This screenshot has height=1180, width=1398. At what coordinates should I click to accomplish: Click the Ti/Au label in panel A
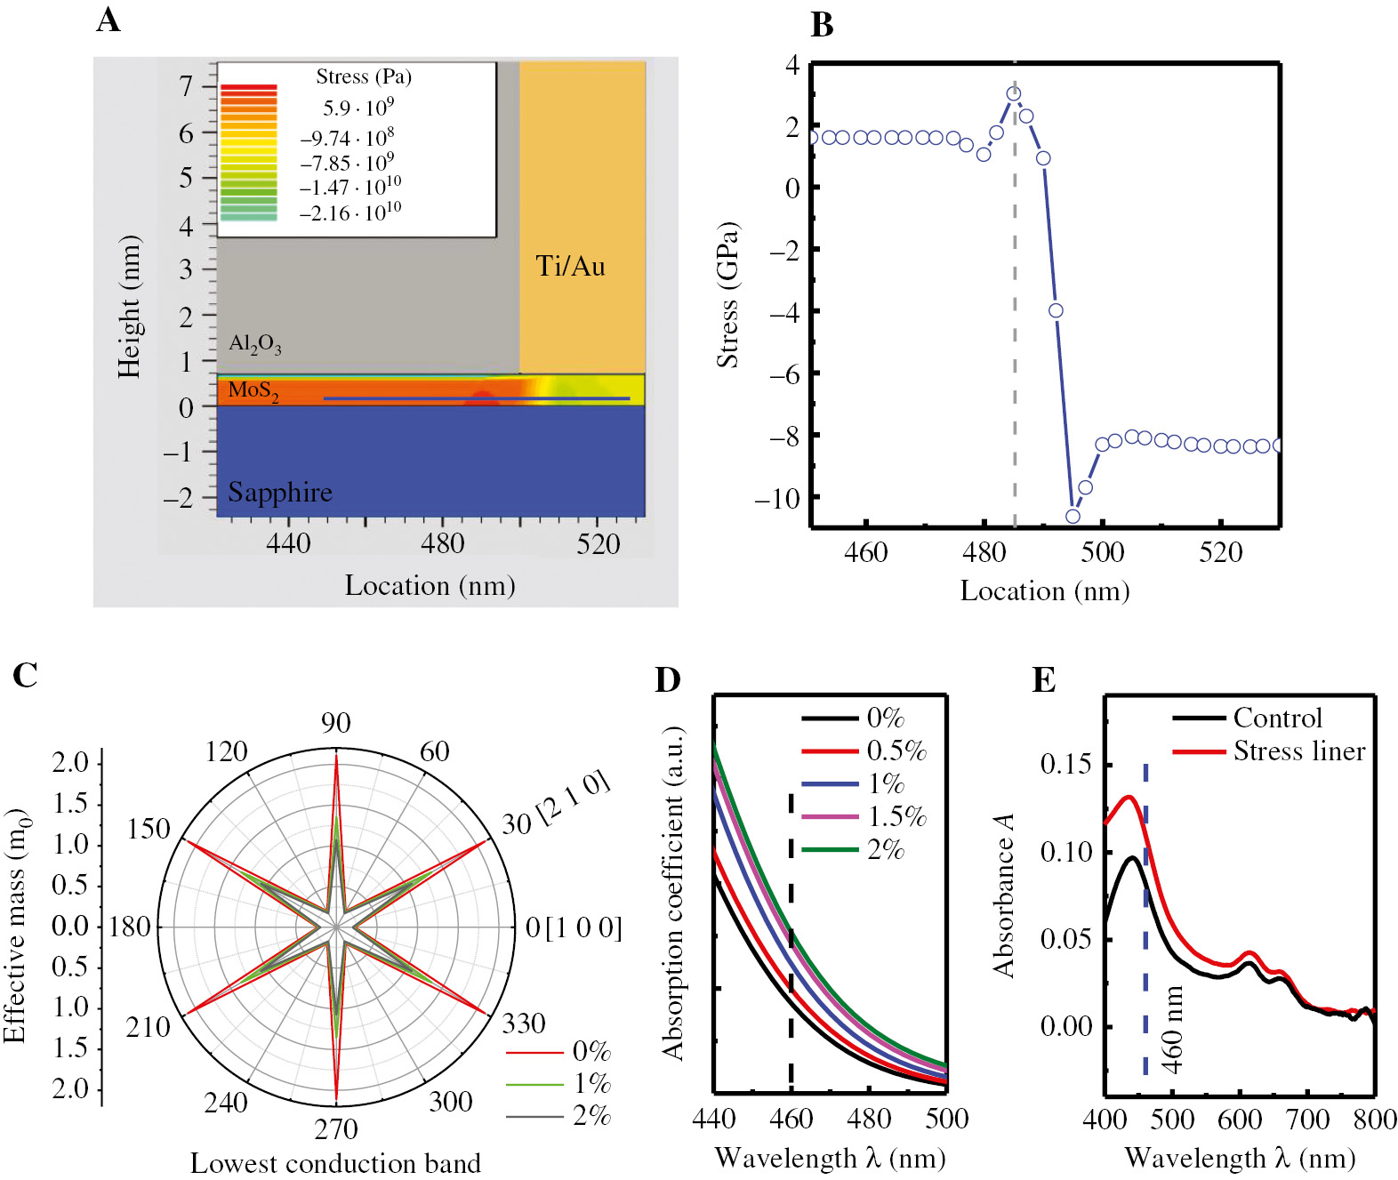570,266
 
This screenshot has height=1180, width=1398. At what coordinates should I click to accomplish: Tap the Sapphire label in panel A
279,492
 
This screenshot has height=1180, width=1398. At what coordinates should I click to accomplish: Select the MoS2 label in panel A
253,390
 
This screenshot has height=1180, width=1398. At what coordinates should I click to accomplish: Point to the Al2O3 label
255,344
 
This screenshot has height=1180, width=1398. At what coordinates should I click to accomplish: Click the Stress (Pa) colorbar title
364,76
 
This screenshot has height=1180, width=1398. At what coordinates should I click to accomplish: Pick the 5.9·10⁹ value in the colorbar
358,108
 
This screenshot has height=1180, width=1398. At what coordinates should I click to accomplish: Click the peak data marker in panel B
1013,93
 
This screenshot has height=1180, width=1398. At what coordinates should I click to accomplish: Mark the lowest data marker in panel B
1073,517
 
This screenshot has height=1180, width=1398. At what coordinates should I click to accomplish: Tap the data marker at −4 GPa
1056,310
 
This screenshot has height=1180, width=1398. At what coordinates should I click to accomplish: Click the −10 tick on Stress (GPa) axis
777,498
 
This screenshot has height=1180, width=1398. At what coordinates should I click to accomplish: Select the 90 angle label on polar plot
336,722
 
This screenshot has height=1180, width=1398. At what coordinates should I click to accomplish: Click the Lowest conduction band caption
335,1163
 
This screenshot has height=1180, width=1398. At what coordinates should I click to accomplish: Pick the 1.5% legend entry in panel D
896,816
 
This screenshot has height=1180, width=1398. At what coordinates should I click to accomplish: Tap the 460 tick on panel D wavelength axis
791,1118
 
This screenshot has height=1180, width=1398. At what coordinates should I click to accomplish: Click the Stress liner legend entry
1298,751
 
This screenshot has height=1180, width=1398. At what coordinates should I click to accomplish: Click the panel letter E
1044,680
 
